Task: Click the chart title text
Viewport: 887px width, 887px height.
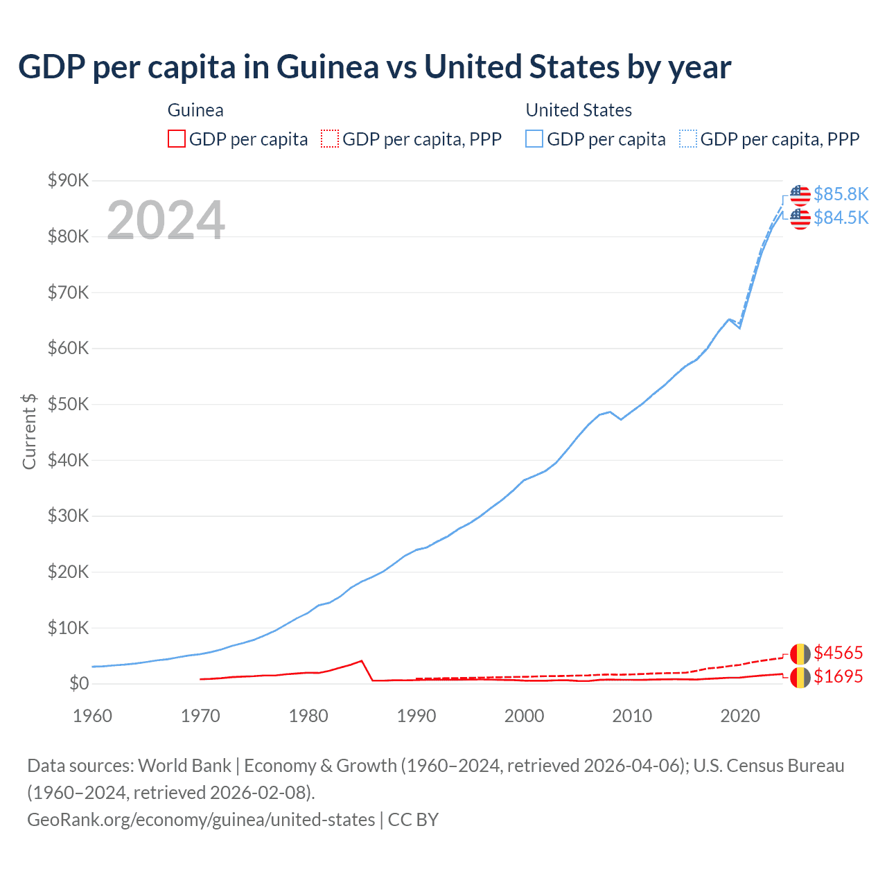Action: [x=374, y=67]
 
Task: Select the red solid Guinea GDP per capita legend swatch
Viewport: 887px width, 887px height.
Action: [x=177, y=139]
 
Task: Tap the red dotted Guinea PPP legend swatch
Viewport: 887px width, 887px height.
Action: [x=330, y=139]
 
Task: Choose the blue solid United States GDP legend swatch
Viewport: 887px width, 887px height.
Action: [x=534, y=139]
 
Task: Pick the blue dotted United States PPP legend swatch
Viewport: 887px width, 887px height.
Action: [x=688, y=139]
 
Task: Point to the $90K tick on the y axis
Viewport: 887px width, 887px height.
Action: [x=68, y=181]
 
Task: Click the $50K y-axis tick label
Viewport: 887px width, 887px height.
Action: [x=68, y=405]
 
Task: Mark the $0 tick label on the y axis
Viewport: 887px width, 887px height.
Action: [x=79, y=684]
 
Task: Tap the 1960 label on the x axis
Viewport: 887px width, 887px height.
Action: [x=92, y=716]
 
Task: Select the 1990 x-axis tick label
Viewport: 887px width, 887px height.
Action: [x=416, y=716]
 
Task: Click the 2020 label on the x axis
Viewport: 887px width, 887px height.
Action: [x=740, y=716]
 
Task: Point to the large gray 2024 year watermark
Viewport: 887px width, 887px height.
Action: [x=166, y=220]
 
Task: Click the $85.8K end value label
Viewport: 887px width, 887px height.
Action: [x=841, y=194]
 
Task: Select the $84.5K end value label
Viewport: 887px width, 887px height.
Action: [x=841, y=218]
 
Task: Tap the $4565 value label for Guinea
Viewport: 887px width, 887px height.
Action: [x=838, y=653]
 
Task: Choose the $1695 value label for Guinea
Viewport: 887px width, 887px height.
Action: [x=838, y=676]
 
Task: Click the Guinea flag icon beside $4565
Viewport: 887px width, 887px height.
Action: [x=800, y=653]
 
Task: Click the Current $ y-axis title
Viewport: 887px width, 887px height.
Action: [x=29, y=431]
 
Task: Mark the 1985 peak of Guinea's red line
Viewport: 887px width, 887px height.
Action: [x=362, y=660]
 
